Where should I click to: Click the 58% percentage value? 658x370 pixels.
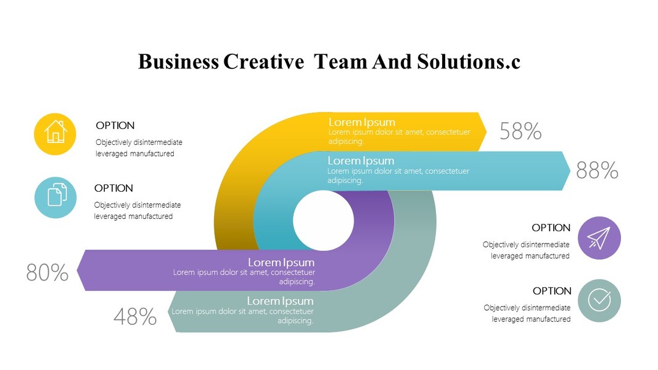[520, 131]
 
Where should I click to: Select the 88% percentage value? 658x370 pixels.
[597, 170]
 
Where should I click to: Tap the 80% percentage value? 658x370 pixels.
[47, 272]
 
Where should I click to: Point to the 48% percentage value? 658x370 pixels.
[135, 316]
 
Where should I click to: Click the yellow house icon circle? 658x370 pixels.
[55, 134]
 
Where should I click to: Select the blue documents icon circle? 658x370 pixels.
[56, 197]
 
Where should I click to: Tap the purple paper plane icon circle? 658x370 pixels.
[599, 237]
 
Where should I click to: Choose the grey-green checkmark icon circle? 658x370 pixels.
[599, 300]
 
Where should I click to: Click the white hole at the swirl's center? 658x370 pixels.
[323, 221]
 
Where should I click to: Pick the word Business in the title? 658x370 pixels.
[178, 62]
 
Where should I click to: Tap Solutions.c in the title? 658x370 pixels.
[469, 62]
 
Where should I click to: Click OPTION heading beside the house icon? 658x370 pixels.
[115, 126]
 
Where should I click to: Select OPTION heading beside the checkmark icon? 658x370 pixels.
[552, 291]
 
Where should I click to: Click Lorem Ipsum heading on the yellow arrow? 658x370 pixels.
[361, 122]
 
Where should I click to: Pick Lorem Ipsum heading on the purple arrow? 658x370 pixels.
[281, 262]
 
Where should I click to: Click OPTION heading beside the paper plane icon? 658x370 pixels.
[551, 228]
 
